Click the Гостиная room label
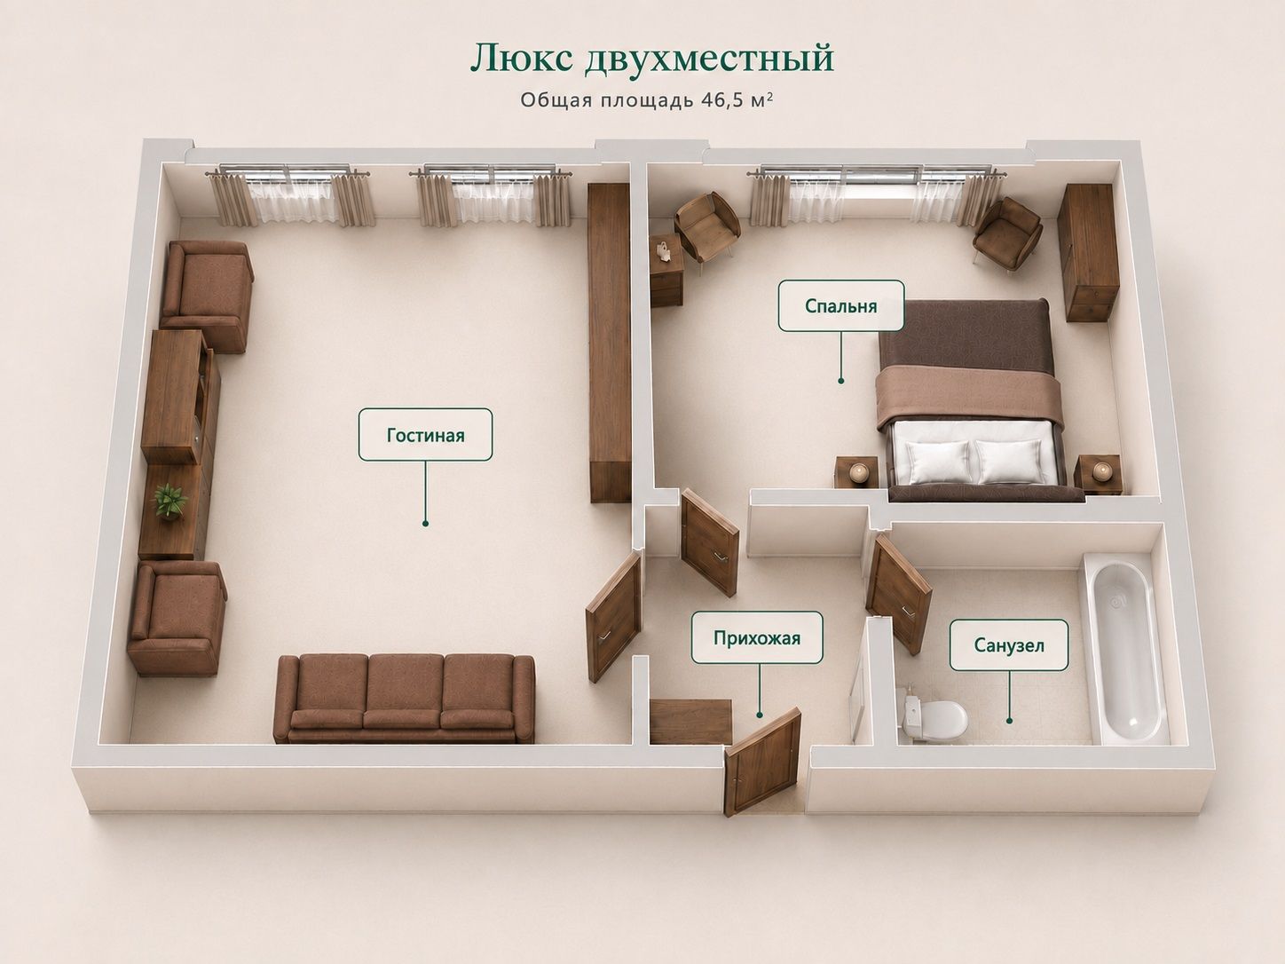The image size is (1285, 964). (426, 434)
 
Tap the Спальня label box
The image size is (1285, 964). (841, 305)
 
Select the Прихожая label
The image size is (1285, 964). (757, 637)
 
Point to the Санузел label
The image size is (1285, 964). (1009, 645)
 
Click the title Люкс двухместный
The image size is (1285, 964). (652, 59)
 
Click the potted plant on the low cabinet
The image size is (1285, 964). (169, 502)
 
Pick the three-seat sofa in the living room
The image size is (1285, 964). (405, 699)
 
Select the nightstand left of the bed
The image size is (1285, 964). (856, 471)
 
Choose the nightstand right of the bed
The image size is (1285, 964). (1099, 474)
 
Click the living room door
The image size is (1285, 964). (614, 616)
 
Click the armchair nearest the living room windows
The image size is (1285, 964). (208, 296)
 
